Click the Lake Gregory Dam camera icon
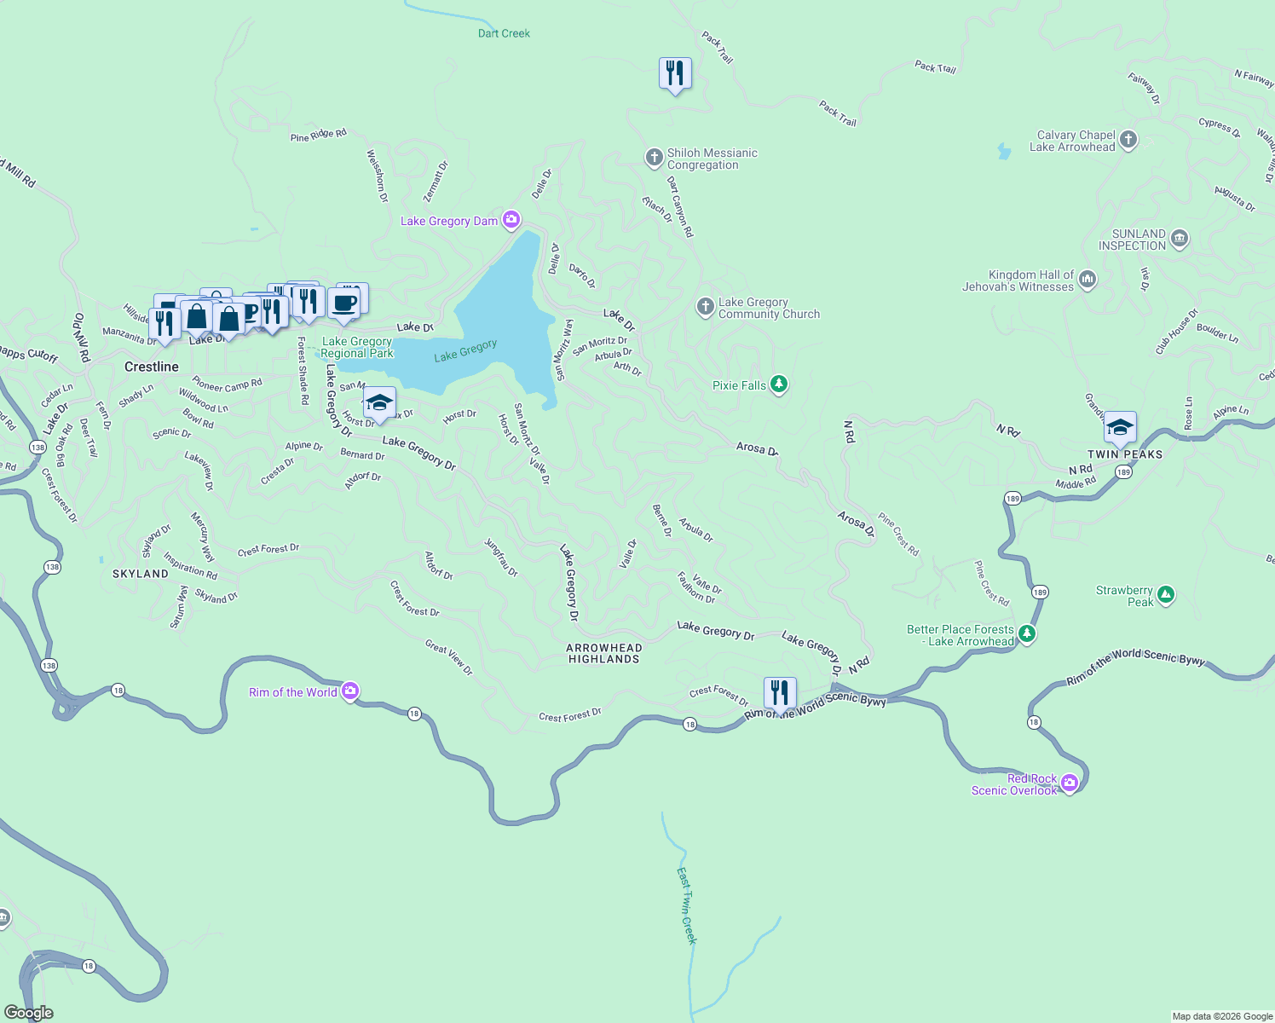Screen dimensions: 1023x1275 pyautogui.click(x=511, y=221)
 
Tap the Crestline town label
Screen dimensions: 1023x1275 pyautogui.click(x=152, y=367)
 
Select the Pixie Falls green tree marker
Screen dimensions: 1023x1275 pyautogui.click(x=778, y=385)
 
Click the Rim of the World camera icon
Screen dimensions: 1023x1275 pyautogui.click(x=350, y=691)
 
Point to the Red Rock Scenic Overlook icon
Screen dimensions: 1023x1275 pyautogui.click(x=1070, y=783)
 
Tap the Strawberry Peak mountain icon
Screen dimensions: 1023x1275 pyautogui.click(x=1166, y=595)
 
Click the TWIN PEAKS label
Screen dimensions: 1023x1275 pyautogui.click(x=1125, y=454)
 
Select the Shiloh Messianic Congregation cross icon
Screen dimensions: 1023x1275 pyautogui.click(x=654, y=157)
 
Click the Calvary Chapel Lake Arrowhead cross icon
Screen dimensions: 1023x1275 pyautogui.click(x=1128, y=140)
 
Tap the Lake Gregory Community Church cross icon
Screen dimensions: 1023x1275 pyautogui.click(x=705, y=307)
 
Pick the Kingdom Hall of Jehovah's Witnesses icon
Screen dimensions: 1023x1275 pyautogui.click(x=1087, y=280)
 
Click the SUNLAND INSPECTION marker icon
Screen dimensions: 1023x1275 pyautogui.click(x=1180, y=238)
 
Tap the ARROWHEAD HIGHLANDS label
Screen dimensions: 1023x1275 pyautogui.click(x=603, y=653)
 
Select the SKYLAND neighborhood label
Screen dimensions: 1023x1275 pyautogui.click(x=141, y=574)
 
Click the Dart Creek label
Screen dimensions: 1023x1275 pyautogui.click(x=504, y=33)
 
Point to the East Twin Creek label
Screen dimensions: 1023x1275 pyautogui.click(x=687, y=905)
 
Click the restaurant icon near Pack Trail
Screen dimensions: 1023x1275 pyautogui.click(x=675, y=73)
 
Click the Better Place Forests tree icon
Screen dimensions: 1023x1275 pyautogui.click(x=1027, y=633)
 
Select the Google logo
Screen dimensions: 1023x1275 pyautogui.click(x=29, y=1013)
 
